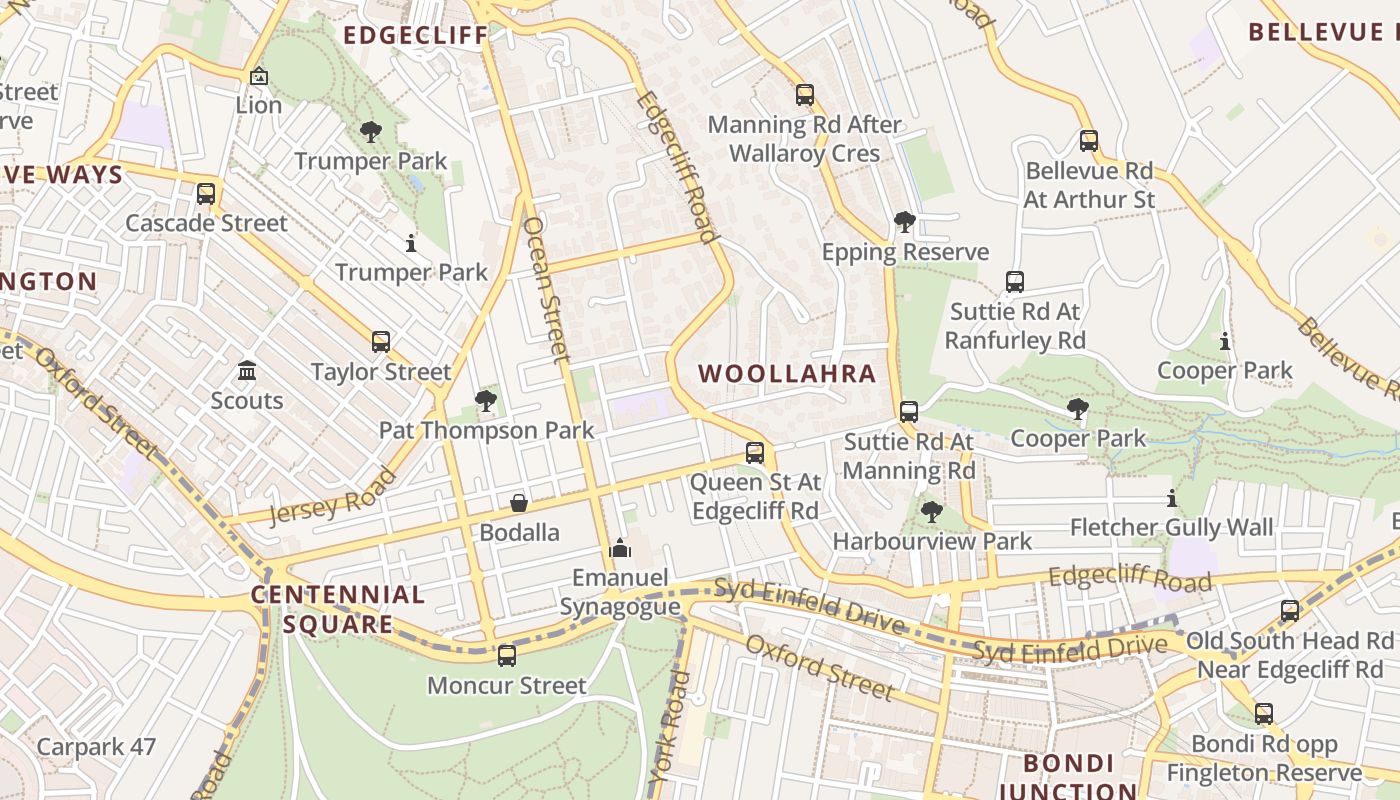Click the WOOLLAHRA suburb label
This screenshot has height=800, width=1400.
tap(787, 374)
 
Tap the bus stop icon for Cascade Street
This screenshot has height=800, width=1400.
tap(206, 194)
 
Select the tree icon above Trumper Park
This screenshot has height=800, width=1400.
tap(371, 132)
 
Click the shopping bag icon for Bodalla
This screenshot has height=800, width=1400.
tap(519, 502)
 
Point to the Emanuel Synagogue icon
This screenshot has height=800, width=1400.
tap(620, 548)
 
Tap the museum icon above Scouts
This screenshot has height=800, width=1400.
tap(247, 372)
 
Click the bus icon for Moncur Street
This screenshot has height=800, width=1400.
tap(507, 656)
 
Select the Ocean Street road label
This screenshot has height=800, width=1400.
tap(547, 290)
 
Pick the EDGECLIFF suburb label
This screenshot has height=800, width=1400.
tap(415, 36)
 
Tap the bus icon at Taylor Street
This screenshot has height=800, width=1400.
tap(381, 342)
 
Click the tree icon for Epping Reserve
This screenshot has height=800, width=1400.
tap(905, 222)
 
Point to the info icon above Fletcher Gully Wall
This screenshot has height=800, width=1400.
tap(1172, 498)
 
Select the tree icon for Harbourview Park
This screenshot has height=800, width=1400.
tap(932, 512)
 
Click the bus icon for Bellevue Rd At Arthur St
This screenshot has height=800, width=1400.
tap(1089, 141)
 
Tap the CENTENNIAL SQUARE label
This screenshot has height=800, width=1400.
tap(338, 609)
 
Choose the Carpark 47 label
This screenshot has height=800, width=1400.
tap(97, 747)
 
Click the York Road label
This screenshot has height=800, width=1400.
tap(669, 727)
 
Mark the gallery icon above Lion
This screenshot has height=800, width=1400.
tap(259, 76)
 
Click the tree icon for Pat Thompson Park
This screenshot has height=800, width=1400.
tap(486, 401)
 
